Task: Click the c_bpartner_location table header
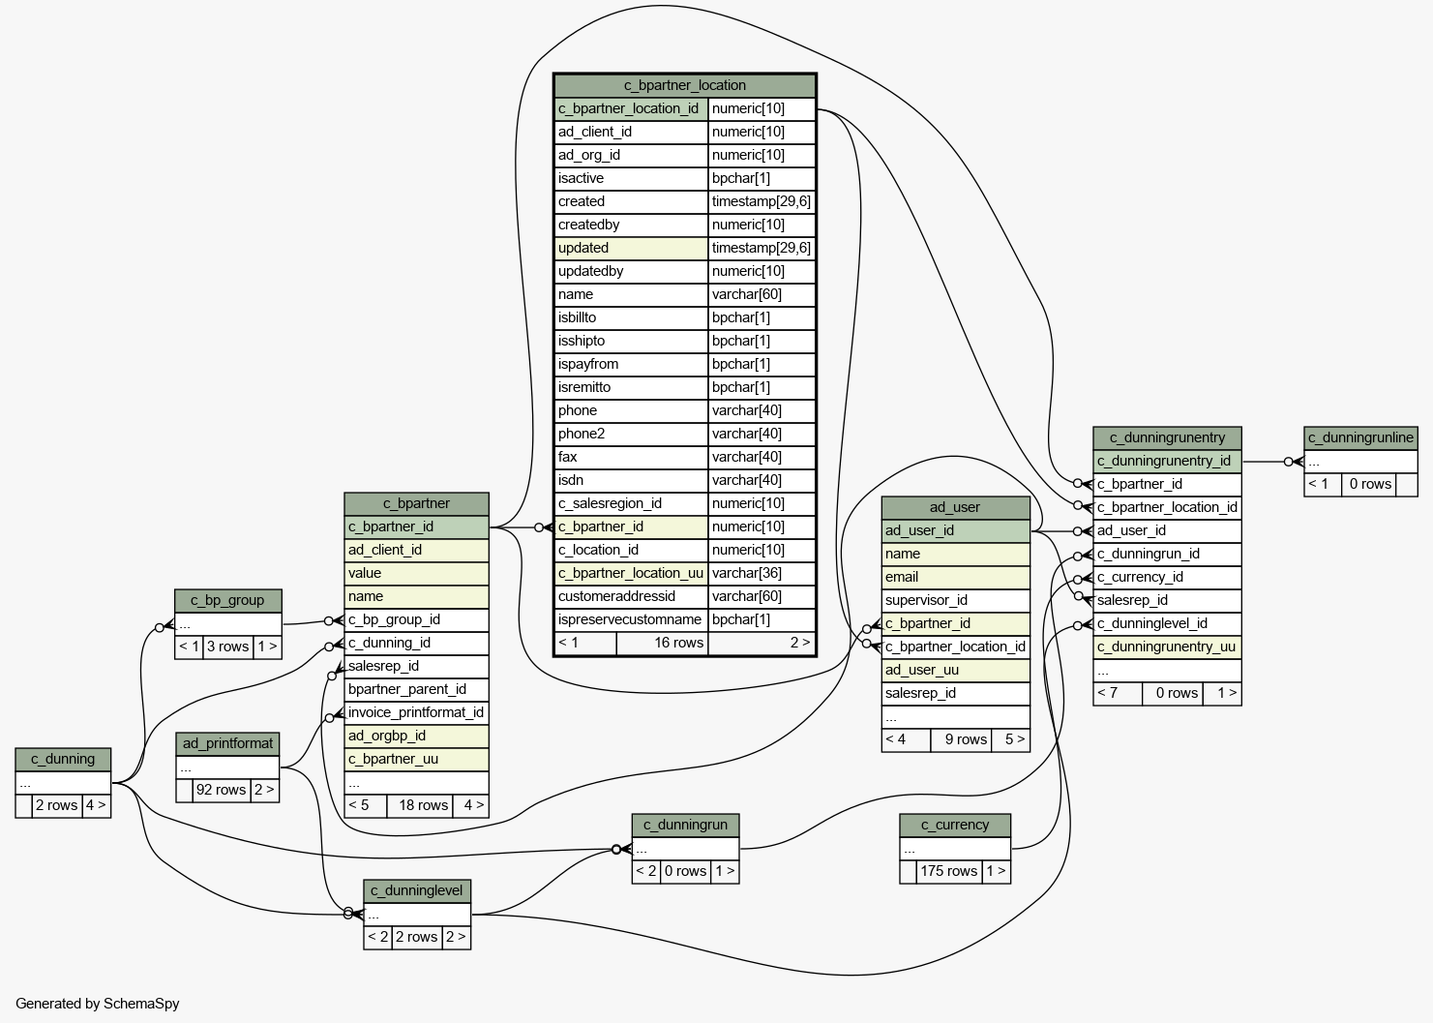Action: click(x=684, y=86)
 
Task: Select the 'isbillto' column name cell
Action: click(x=631, y=318)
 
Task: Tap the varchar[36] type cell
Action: click(x=761, y=573)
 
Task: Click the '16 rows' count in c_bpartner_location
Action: click(x=678, y=643)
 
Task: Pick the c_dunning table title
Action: click(x=63, y=760)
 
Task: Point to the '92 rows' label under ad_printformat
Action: click(x=221, y=790)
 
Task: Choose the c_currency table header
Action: click(x=955, y=826)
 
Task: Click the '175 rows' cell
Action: click(x=949, y=871)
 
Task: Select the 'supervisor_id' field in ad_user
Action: click(x=956, y=601)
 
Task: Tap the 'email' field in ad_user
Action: click(x=956, y=577)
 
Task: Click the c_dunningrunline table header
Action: click(x=1360, y=438)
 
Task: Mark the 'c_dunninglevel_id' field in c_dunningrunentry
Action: click(x=1168, y=624)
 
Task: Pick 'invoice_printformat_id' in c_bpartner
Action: click(x=416, y=712)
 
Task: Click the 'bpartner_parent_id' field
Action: click(x=416, y=690)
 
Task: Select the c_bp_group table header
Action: click(x=227, y=601)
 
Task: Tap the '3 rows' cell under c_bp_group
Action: click(x=227, y=647)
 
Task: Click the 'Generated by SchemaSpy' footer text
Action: click(x=97, y=1004)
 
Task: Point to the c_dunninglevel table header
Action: click(x=417, y=891)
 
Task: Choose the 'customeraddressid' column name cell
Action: click(x=631, y=596)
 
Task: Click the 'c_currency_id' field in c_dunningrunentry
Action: click(x=1168, y=577)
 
